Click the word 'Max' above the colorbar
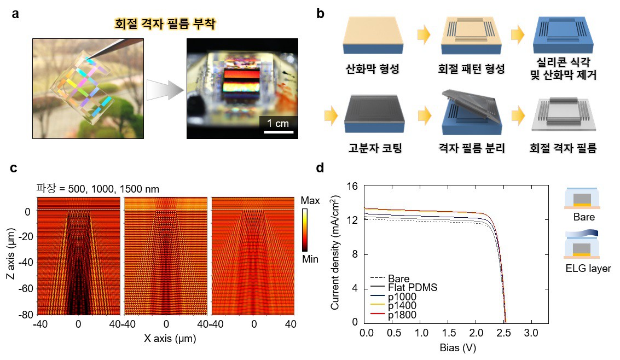tap(310, 201)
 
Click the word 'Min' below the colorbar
tap(310, 259)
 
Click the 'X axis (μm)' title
tap(170, 339)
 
